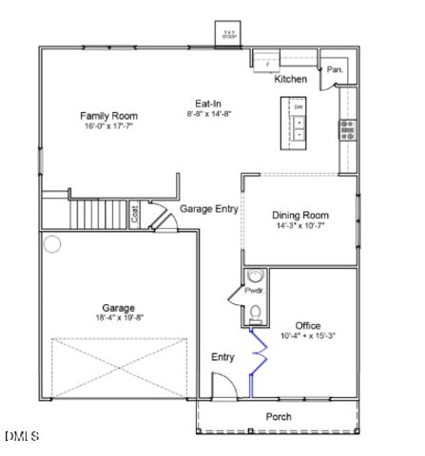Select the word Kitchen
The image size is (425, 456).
pyautogui.click(x=290, y=80)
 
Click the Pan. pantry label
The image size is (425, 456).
pyautogui.click(x=335, y=69)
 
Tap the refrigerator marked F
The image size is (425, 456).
pyautogui.click(x=267, y=63)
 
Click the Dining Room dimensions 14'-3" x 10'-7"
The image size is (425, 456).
pyautogui.click(x=300, y=226)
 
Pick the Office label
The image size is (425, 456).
pyautogui.click(x=308, y=325)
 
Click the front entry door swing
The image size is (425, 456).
pyautogui.click(x=222, y=386)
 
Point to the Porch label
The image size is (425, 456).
pyautogui.click(x=279, y=417)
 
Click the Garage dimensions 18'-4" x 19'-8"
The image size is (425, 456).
pyautogui.click(x=119, y=317)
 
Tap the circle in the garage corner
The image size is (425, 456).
pyautogui.click(x=52, y=244)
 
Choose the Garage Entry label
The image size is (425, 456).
pyautogui.click(x=209, y=209)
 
